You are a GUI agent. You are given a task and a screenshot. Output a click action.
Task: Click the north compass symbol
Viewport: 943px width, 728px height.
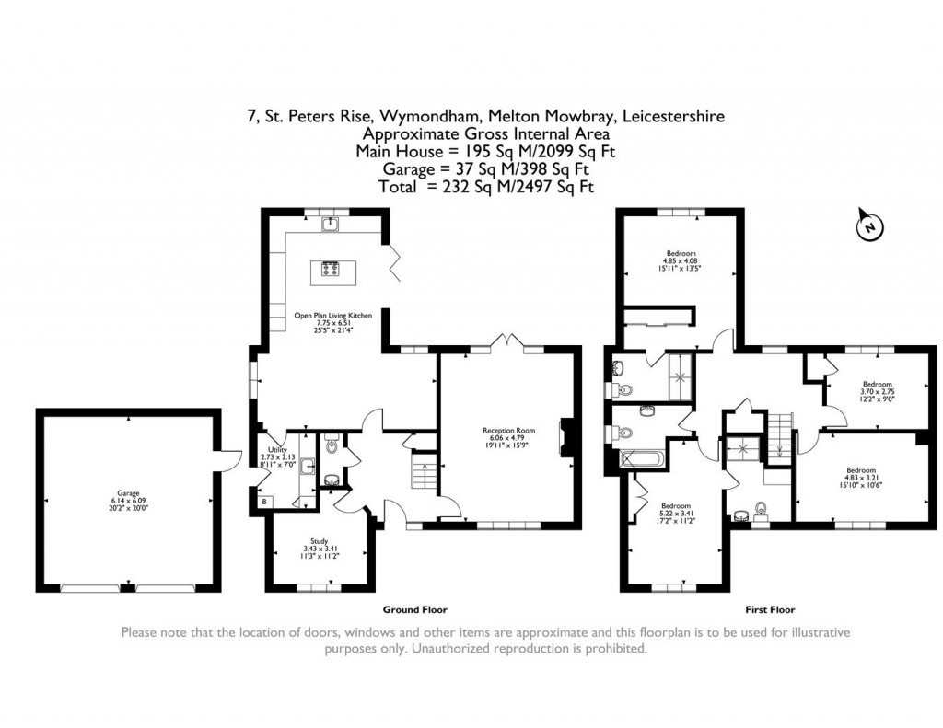coord(867,225)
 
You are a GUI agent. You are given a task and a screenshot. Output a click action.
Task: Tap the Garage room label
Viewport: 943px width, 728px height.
coord(127,499)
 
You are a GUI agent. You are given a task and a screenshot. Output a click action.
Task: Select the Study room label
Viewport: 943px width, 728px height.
coord(319,547)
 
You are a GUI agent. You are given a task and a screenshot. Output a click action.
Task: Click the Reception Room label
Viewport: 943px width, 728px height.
coord(509,436)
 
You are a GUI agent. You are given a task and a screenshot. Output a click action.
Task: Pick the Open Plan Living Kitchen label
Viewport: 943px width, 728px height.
coord(332,322)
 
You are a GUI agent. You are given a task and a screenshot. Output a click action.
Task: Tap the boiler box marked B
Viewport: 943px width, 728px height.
coord(266,502)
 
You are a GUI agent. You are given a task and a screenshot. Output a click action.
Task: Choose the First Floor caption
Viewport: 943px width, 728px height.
coord(770,609)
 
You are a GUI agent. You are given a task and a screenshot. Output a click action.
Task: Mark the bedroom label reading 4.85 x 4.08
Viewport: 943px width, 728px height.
coord(681,260)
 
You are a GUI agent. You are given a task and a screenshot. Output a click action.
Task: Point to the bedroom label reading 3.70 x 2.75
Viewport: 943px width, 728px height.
coord(877,390)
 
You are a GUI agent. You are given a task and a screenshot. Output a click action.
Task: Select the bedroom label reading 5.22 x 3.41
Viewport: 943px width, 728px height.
coord(676,512)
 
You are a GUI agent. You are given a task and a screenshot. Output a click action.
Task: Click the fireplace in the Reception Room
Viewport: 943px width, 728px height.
coord(566,439)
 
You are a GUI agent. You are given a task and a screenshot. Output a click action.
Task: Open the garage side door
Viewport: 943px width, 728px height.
coord(229,457)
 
